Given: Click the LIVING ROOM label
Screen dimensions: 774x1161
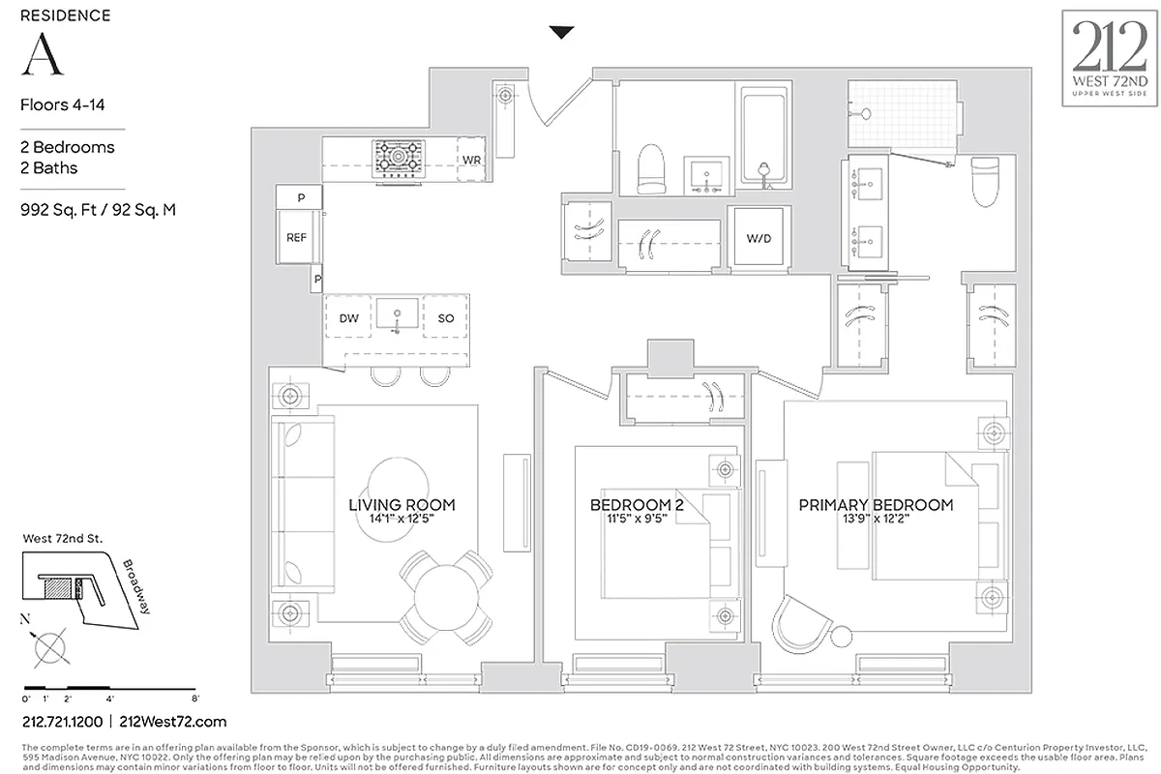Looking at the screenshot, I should click(402, 505).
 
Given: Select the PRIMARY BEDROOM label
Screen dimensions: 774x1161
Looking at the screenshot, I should click(876, 505).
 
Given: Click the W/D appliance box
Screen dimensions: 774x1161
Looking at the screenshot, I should click(758, 238).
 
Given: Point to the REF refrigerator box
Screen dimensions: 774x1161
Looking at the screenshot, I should click(296, 238).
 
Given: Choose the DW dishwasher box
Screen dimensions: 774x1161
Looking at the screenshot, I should click(348, 318).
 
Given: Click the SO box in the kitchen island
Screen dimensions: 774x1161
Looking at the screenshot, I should click(446, 318).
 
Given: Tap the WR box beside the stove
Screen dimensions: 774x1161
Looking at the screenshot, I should click(471, 159).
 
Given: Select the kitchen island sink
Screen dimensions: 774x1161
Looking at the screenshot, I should click(397, 314).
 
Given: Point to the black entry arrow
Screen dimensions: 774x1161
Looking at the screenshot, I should click(561, 33).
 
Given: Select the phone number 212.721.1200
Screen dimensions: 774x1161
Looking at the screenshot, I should click(62, 722).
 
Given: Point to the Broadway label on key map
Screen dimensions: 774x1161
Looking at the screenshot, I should click(136, 586).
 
